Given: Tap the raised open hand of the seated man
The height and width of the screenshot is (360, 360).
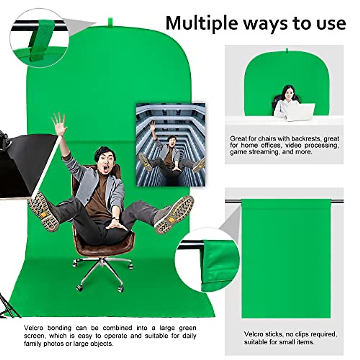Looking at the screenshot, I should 59,124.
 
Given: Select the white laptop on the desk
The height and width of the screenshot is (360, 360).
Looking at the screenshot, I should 300,112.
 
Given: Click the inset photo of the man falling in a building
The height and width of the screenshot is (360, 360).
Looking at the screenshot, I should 170,145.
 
